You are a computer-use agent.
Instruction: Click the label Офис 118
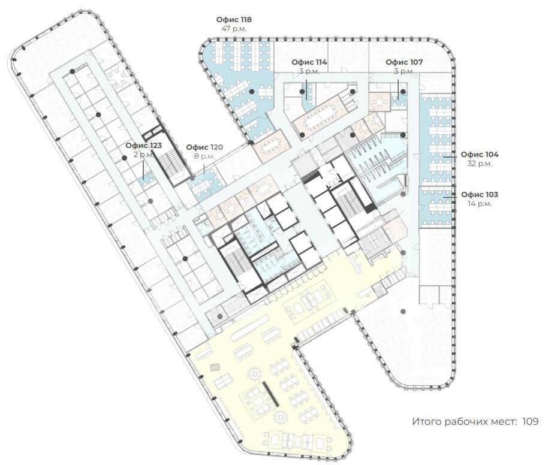pos(234,20)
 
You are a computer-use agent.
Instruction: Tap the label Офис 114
pos(309,62)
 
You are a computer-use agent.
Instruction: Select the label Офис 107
pos(404,62)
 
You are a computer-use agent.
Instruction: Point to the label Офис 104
pos(480,155)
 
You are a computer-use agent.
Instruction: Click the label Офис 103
pos(480,195)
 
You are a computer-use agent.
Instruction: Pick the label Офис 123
pos(143,146)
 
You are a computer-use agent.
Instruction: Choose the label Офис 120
pos(204,147)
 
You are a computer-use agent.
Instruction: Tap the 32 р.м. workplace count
pos(480,164)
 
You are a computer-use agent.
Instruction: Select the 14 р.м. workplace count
pos(480,204)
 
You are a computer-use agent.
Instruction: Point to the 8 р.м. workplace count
pos(204,156)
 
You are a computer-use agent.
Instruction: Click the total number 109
pos(531,421)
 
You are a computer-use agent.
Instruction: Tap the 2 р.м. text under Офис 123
pos(143,155)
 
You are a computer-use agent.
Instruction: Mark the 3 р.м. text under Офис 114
pos(309,71)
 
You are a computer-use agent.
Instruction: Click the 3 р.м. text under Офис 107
pos(404,71)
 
